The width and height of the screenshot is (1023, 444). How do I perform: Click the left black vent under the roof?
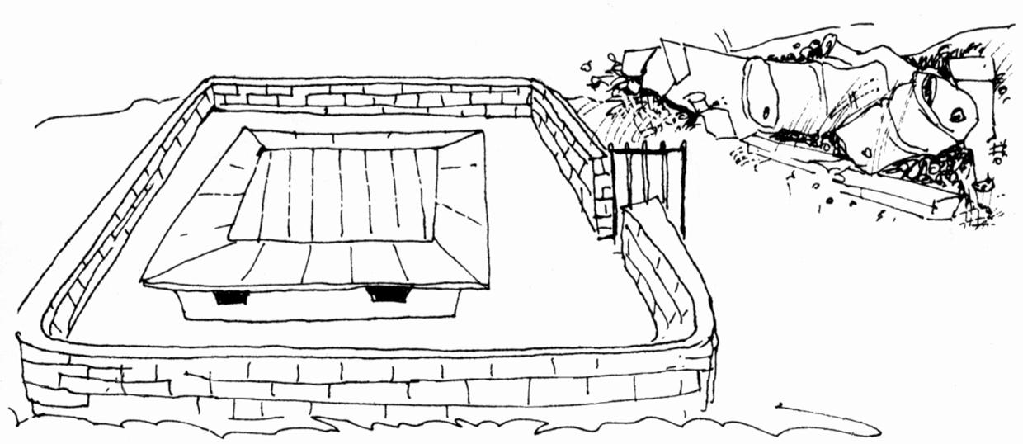[231, 297]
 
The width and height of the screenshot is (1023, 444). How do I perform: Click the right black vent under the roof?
[388, 293]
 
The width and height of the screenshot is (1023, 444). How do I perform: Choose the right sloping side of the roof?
[462, 206]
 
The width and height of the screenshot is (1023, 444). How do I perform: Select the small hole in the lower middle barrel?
[866, 153]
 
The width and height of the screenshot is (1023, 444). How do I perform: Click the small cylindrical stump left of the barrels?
[697, 104]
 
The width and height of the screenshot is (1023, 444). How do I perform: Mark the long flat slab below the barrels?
[850, 177]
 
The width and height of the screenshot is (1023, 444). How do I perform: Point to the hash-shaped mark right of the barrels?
[1000, 151]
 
